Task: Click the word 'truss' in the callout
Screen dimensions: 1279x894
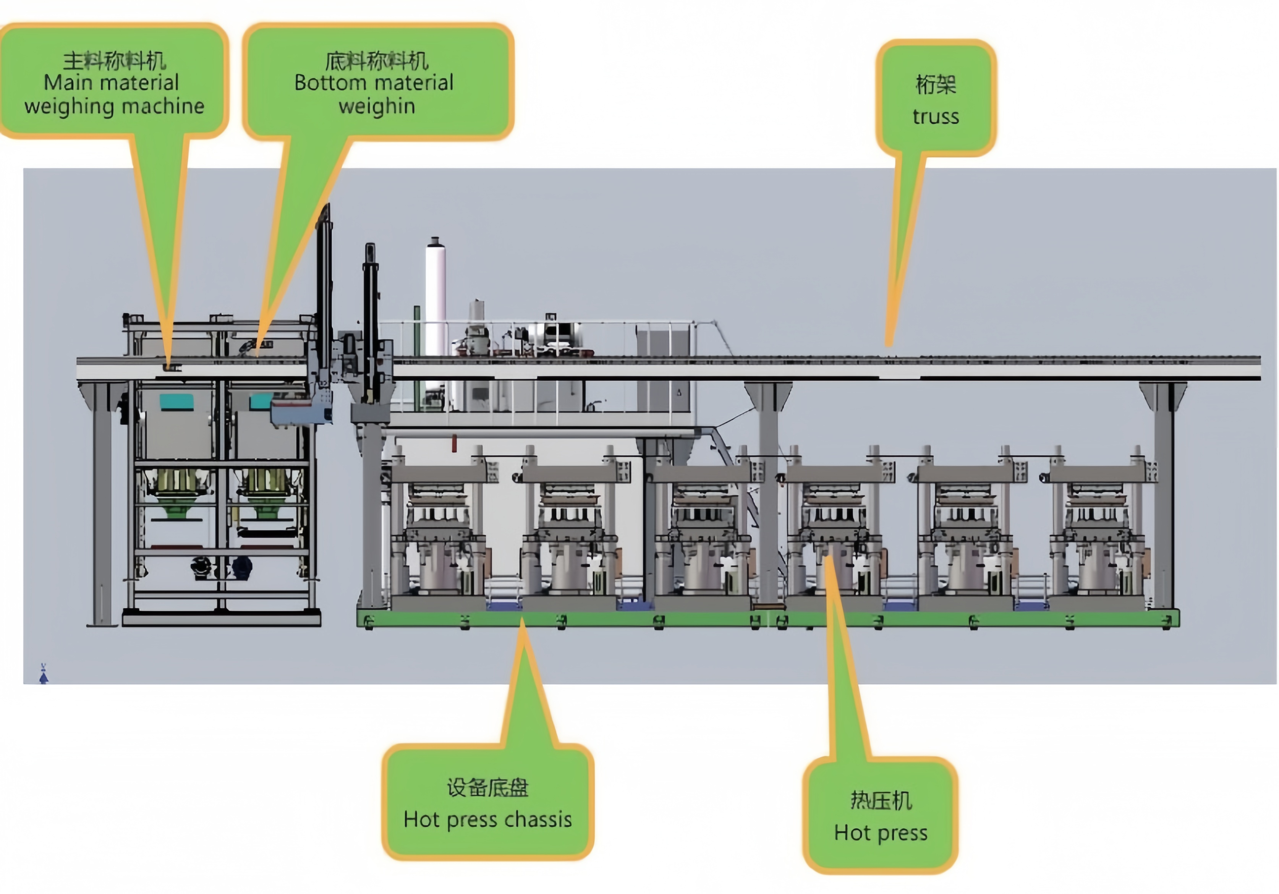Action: [x=936, y=117]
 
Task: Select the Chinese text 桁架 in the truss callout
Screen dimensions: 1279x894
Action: [x=936, y=85]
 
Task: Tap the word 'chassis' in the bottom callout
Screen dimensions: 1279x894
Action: [x=538, y=819]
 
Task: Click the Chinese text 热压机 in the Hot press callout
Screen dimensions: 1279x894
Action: [x=881, y=800]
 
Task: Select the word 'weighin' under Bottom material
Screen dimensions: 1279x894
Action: [x=377, y=106]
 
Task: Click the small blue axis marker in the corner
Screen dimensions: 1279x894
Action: [x=44, y=674]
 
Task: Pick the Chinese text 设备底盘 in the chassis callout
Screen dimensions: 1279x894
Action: [x=487, y=788]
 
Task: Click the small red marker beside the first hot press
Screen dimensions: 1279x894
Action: [x=454, y=444]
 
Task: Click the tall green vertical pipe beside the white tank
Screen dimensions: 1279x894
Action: [x=416, y=356]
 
